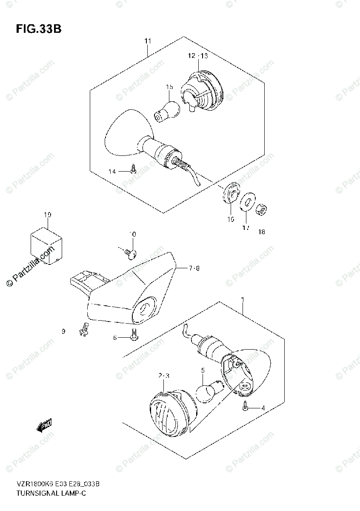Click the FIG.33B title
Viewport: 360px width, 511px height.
[x=39, y=29]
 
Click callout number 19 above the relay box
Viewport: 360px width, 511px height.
[x=47, y=215]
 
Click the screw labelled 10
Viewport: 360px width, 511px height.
[x=130, y=253]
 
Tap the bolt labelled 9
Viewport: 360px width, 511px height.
[x=83, y=330]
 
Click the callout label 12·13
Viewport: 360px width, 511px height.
[x=198, y=56]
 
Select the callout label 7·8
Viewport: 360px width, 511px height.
[x=193, y=268]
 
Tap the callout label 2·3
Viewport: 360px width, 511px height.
[x=164, y=376]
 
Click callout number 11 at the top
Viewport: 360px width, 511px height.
[x=147, y=41]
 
